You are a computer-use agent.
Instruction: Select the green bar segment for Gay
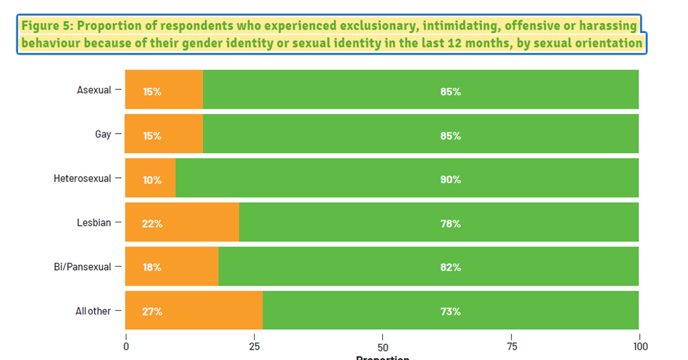click(x=420, y=134)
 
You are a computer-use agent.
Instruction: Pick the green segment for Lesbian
click(x=438, y=222)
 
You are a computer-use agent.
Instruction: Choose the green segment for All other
click(x=450, y=311)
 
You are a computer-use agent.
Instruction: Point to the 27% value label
click(x=152, y=312)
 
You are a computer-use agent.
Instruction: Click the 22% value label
click(x=152, y=224)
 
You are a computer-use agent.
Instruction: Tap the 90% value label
click(x=450, y=179)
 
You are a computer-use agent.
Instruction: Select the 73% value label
click(x=450, y=312)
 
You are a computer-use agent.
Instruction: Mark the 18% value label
click(x=152, y=267)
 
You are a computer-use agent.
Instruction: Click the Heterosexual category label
click(x=83, y=179)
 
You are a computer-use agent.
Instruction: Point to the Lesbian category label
click(x=93, y=223)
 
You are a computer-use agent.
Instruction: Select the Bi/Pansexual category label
click(x=83, y=267)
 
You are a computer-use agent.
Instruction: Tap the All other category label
click(x=93, y=312)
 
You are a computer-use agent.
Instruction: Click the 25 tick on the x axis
click(x=254, y=347)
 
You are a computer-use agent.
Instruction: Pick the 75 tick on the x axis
click(x=511, y=347)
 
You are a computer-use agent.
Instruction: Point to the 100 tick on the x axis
click(x=640, y=347)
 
